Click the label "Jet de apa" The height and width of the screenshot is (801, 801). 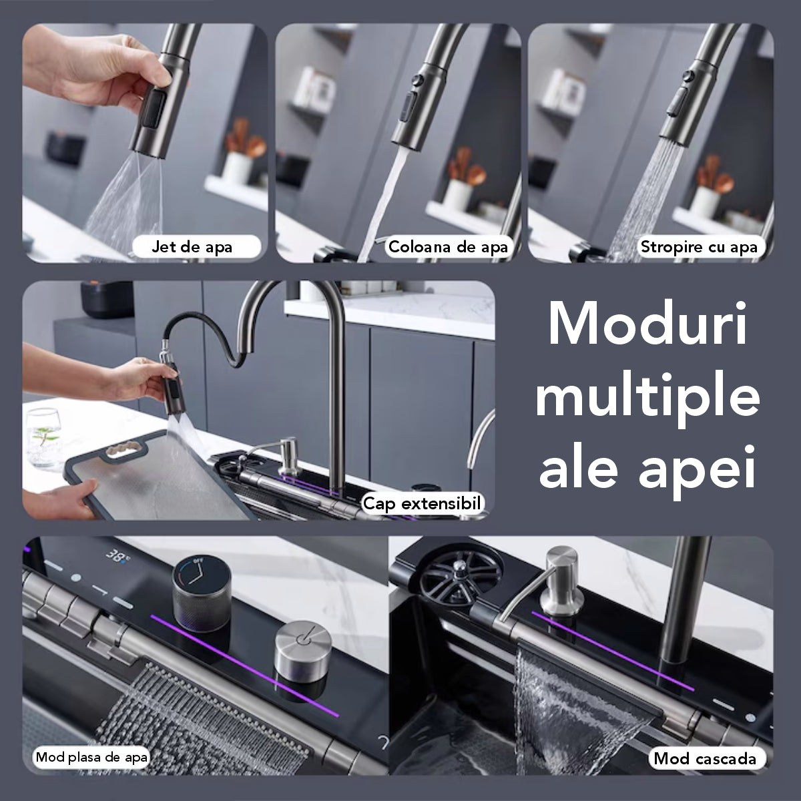192,247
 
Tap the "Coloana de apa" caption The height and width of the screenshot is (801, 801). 448,247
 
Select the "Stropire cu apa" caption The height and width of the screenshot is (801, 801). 699,247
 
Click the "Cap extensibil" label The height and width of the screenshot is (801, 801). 422,503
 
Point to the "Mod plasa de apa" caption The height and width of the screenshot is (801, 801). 92,757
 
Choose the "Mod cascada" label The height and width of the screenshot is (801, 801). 705,758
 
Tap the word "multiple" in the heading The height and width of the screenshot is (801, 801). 647,397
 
